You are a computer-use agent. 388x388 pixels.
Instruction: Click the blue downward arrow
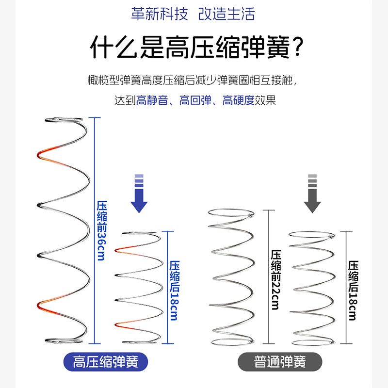pos(139,194)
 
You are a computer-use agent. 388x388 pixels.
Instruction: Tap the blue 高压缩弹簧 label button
pos(105,362)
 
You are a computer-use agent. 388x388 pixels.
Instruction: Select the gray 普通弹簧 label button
pos(279,362)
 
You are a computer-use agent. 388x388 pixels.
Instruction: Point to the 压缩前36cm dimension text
pos(101,230)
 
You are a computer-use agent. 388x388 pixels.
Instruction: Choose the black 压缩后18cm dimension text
pos(353,290)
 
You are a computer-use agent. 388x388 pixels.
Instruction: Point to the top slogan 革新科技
pos(159,14)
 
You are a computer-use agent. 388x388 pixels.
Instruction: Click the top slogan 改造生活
pos(226,14)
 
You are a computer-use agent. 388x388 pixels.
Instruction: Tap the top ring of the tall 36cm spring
pos(65,120)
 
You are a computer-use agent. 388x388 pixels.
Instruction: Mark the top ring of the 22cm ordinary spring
pos(231,212)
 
